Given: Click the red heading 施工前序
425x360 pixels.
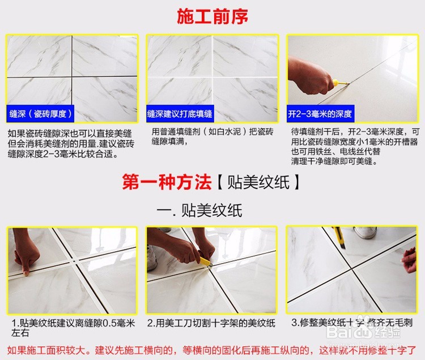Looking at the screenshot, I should point(212,17).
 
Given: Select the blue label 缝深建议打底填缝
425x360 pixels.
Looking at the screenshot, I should point(180,114).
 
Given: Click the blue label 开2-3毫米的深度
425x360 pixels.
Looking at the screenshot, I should point(318,114).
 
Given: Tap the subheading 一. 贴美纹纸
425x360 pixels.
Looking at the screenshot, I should point(199,211).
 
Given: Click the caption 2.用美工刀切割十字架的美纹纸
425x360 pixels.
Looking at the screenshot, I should point(211,323).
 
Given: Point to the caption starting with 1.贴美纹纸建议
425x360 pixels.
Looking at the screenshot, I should point(73,328).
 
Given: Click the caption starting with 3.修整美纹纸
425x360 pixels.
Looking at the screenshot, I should point(351,323).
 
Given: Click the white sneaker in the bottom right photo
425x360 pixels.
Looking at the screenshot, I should point(365,232).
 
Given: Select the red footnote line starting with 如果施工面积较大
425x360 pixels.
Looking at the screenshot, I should point(212,348).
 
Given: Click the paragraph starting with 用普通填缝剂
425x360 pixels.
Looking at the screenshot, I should point(212,137).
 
